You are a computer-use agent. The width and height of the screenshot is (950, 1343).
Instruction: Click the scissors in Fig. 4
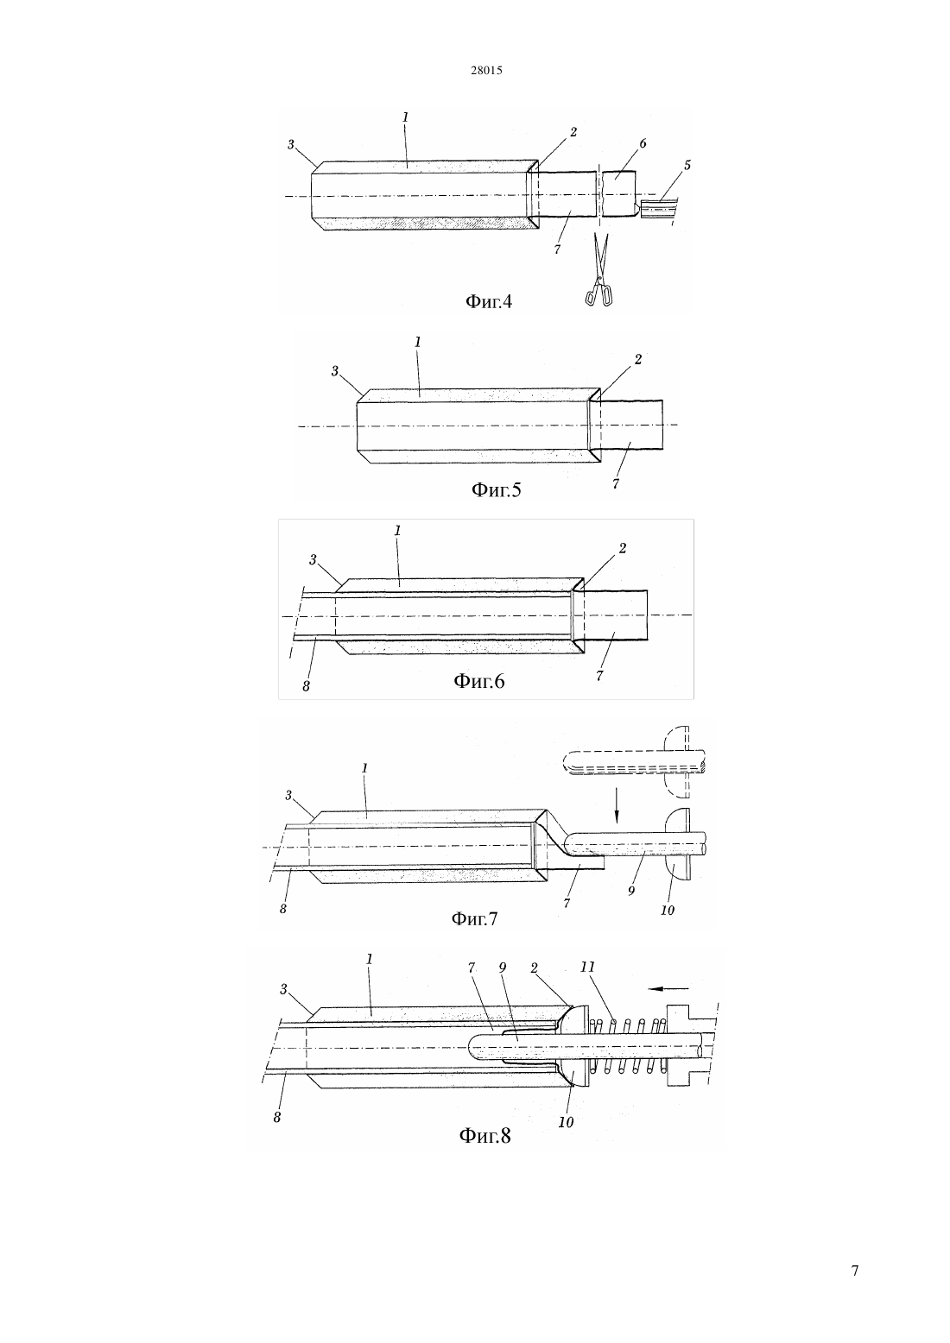tap(599, 270)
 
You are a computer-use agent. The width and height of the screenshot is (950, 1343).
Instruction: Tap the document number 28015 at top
tap(486, 71)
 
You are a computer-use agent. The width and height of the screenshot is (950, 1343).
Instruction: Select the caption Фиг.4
tap(489, 301)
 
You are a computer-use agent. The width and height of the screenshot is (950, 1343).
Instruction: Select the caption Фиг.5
tap(496, 490)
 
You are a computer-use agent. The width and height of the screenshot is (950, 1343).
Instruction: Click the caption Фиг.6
tap(479, 681)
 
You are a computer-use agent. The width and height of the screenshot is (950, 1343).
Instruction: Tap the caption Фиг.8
tap(485, 1135)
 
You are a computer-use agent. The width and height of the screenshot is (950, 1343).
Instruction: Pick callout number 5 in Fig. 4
tap(687, 165)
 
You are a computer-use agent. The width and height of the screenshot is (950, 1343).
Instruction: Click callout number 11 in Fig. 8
tap(588, 967)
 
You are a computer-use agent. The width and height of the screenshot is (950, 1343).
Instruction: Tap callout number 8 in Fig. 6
tap(306, 687)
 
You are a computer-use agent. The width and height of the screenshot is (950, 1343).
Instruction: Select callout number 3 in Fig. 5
tap(335, 371)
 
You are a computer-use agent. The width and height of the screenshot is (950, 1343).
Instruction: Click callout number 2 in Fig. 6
tap(623, 548)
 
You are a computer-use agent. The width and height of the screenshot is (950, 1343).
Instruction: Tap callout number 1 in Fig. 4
tap(405, 117)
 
